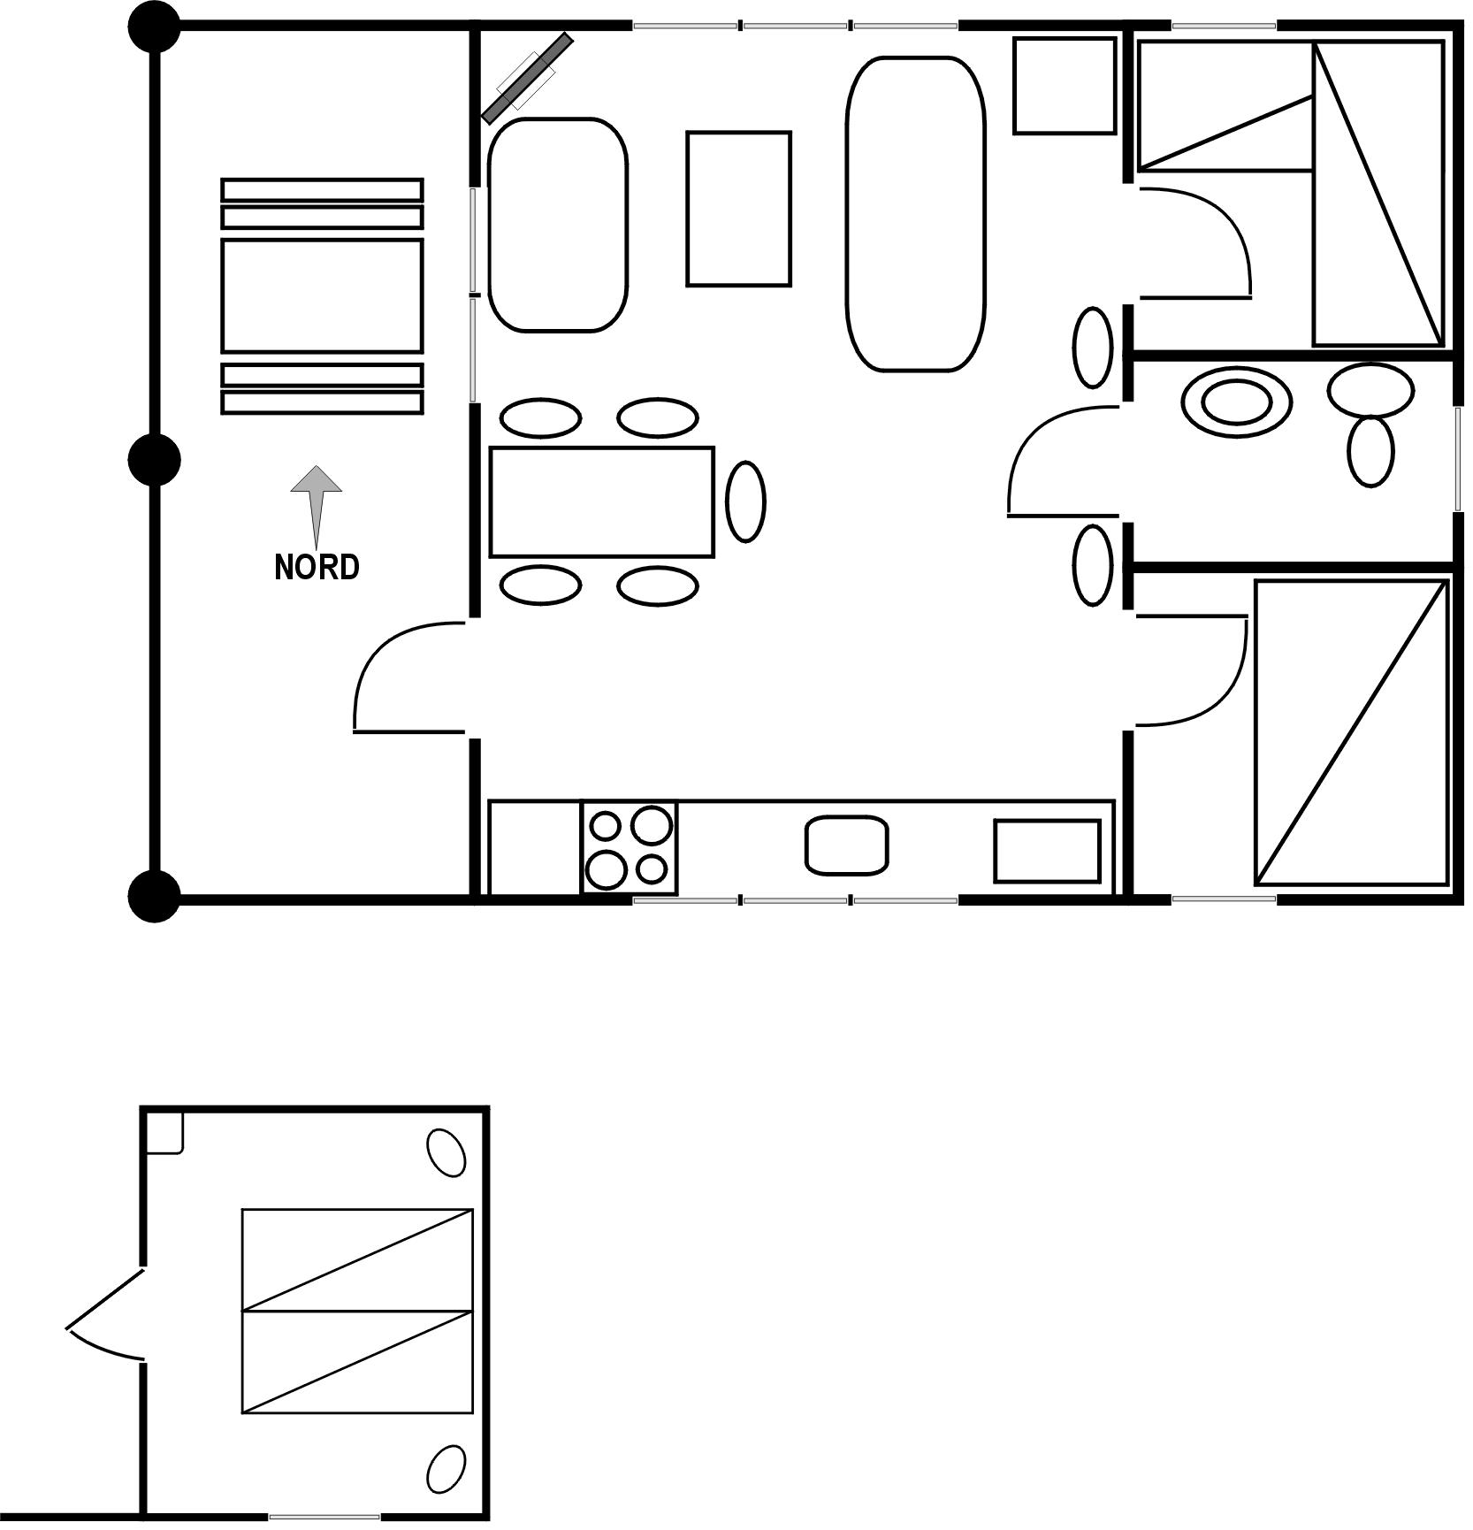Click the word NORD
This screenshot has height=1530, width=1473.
point(317,567)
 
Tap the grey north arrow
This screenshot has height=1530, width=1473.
point(317,505)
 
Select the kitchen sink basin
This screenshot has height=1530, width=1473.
point(846,845)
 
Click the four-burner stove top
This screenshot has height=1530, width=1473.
point(630,846)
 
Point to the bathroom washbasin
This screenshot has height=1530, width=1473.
point(1235,402)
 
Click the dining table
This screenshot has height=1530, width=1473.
point(601,502)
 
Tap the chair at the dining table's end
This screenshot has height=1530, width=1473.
point(745,501)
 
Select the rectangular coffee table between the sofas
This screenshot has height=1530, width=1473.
point(738,209)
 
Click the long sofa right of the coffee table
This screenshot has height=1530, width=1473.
point(915,214)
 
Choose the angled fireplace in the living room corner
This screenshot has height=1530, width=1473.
point(528,78)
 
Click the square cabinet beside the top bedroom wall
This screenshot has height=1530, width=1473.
point(1065,86)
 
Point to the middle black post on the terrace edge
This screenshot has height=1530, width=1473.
point(155,460)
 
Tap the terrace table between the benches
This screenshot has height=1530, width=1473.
point(322,296)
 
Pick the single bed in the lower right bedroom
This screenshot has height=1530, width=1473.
point(1351,732)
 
